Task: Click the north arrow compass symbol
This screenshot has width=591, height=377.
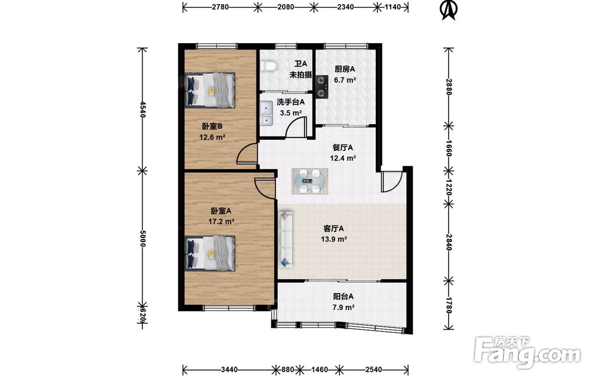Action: [x=449, y=10]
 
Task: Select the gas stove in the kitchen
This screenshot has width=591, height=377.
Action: [x=322, y=86]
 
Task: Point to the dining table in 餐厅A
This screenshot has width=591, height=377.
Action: [x=310, y=182]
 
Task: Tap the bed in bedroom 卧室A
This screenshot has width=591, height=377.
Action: [x=210, y=253]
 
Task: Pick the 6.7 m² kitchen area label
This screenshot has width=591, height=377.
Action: [x=345, y=80]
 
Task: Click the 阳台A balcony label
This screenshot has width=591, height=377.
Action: [x=343, y=297]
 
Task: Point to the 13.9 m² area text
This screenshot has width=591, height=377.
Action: [x=334, y=239]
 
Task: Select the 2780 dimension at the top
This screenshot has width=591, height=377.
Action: [x=220, y=7]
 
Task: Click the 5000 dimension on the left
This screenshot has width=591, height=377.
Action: [x=143, y=239]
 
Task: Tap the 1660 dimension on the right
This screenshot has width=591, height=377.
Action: [x=449, y=147]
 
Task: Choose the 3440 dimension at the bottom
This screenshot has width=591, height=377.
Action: [x=229, y=369]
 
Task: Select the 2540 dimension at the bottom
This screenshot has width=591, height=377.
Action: [x=374, y=369]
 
